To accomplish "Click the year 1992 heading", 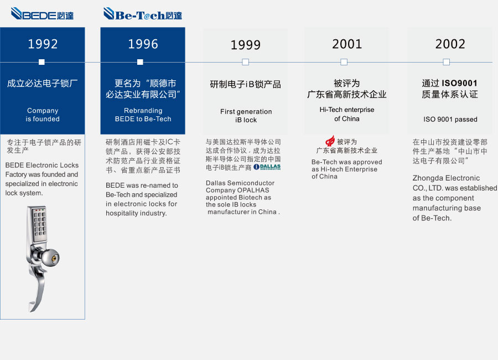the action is pos(43,44).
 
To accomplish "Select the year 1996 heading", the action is pos(143,44).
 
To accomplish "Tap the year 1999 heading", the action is pos(246,45).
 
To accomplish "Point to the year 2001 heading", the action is pos(347,44).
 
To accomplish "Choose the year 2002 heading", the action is pos(450,44).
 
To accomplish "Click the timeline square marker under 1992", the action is pos(41,62).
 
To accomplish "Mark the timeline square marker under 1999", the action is pos(246,62).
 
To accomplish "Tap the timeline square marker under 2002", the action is pos(446,62).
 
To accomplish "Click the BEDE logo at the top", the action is pos(42,14).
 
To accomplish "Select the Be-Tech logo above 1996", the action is pos(143,14).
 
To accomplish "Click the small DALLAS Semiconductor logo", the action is pos(267,167).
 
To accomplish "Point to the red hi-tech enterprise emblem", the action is pos(330,141).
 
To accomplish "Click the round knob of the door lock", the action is pos(50,258).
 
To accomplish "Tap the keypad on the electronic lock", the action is pos(39,223).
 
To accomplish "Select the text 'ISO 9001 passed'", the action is pos(450,119).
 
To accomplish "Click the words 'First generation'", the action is pos(246,112).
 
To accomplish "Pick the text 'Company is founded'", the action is pos(43,115).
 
